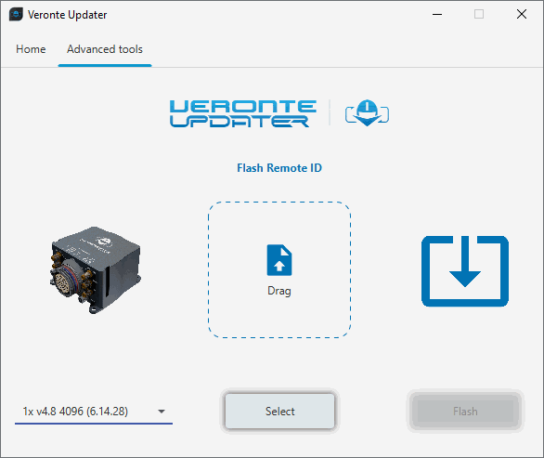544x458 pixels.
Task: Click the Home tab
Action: tap(31, 49)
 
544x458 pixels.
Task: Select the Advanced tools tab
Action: tap(105, 49)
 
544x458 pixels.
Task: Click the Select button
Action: tap(279, 412)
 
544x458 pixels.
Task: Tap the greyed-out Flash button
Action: tap(465, 412)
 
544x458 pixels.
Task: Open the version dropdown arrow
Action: tap(162, 412)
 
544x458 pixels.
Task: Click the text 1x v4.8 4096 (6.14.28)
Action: tap(75, 412)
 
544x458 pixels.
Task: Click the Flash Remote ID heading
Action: tap(279, 168)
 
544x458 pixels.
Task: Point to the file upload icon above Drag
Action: tap(279, 260)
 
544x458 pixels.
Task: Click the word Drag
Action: tap(279, 291)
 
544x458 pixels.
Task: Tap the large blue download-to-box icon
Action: tap(465, 271)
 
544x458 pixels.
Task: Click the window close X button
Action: tap(522, 14)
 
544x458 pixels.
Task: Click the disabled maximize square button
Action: tap(479, 14)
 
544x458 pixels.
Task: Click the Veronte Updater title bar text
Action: tap(68, 15)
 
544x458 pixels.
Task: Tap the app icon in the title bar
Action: tap(16, 14)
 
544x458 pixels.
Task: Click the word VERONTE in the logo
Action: tap(243, 106)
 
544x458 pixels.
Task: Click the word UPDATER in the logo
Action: tap(240, 121)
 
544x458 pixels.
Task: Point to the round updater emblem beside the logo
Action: tap(367, 112)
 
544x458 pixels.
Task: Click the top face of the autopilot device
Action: tap(97, 242)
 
